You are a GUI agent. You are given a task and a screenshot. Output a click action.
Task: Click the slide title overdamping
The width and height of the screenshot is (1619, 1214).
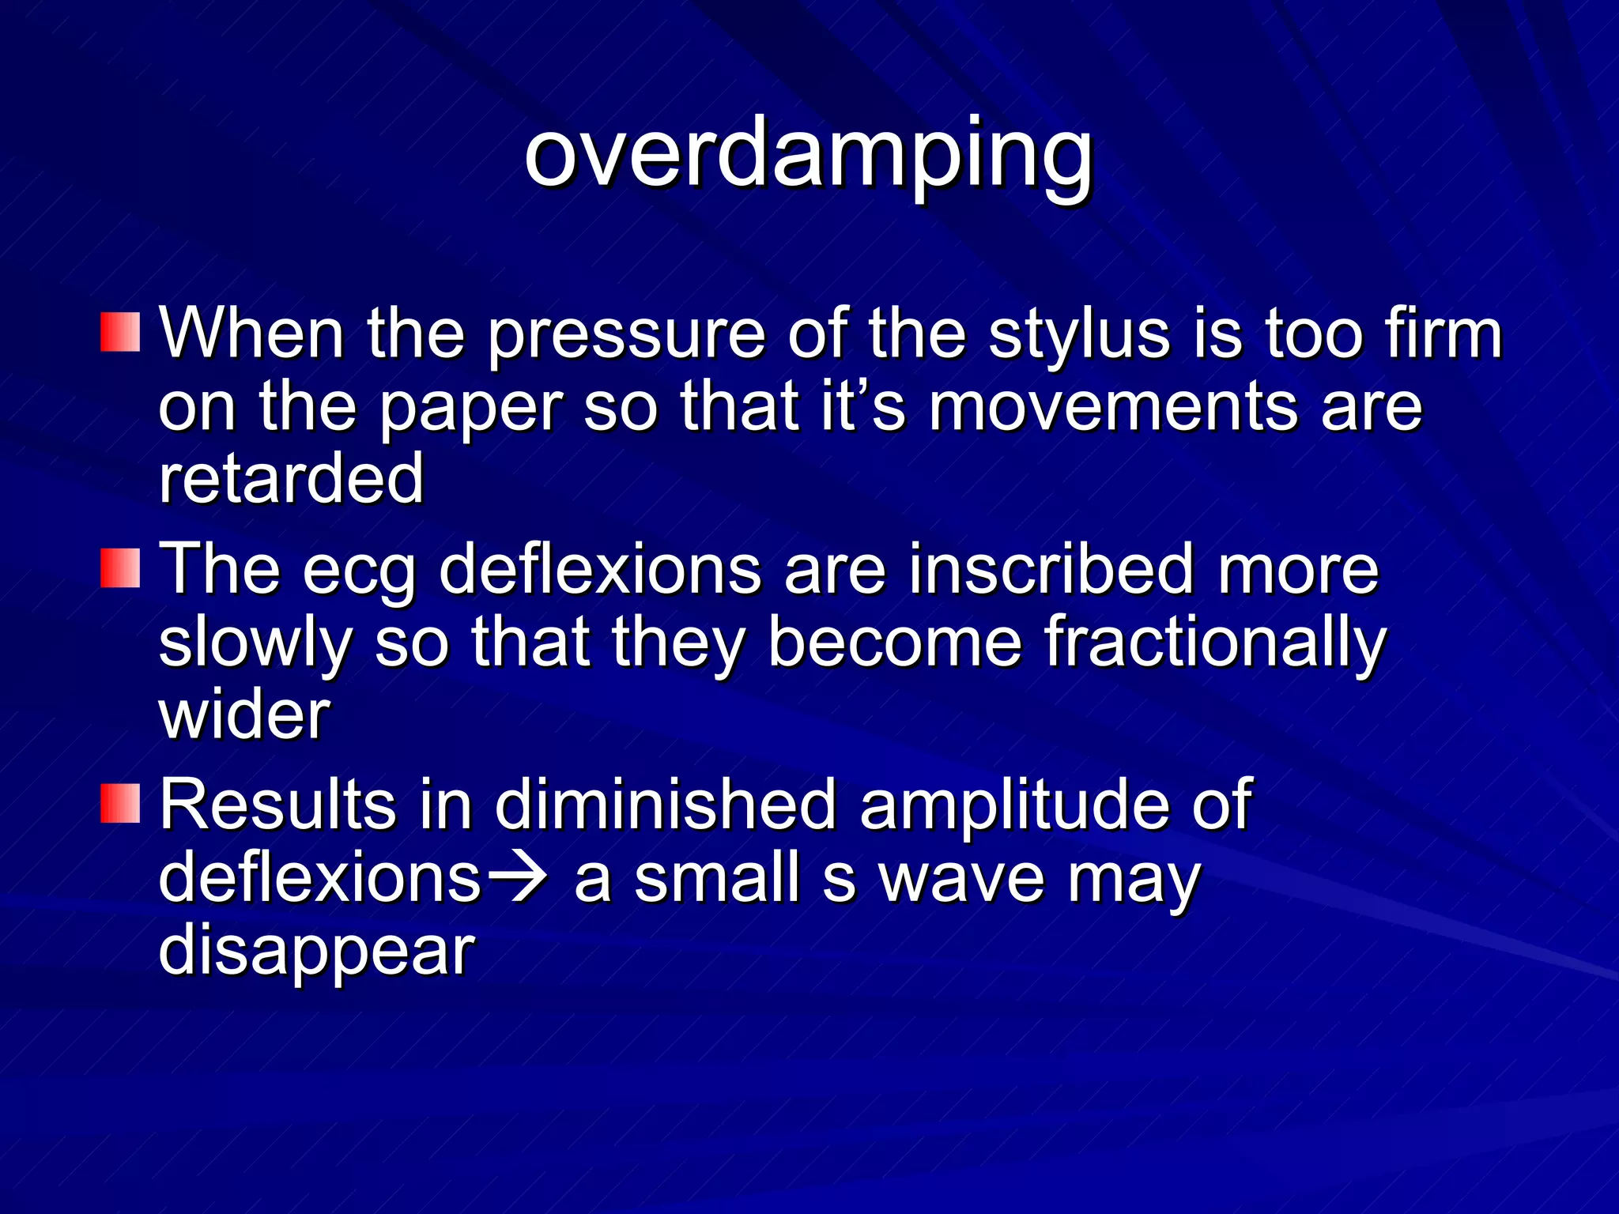[808, 154]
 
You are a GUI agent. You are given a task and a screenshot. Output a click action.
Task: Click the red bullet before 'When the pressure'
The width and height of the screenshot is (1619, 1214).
[120, 332]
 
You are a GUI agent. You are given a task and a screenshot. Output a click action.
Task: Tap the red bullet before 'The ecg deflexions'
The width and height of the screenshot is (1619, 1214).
[120, 568]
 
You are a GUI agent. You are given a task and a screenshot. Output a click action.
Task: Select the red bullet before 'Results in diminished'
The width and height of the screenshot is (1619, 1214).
[120, 803]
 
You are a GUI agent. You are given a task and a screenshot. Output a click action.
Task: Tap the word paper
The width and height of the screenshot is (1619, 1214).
[471, 409]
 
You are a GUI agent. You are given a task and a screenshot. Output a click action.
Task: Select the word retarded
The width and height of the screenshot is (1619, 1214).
[291, 479]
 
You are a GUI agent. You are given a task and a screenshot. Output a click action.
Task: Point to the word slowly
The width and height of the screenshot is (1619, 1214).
[255, 645]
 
